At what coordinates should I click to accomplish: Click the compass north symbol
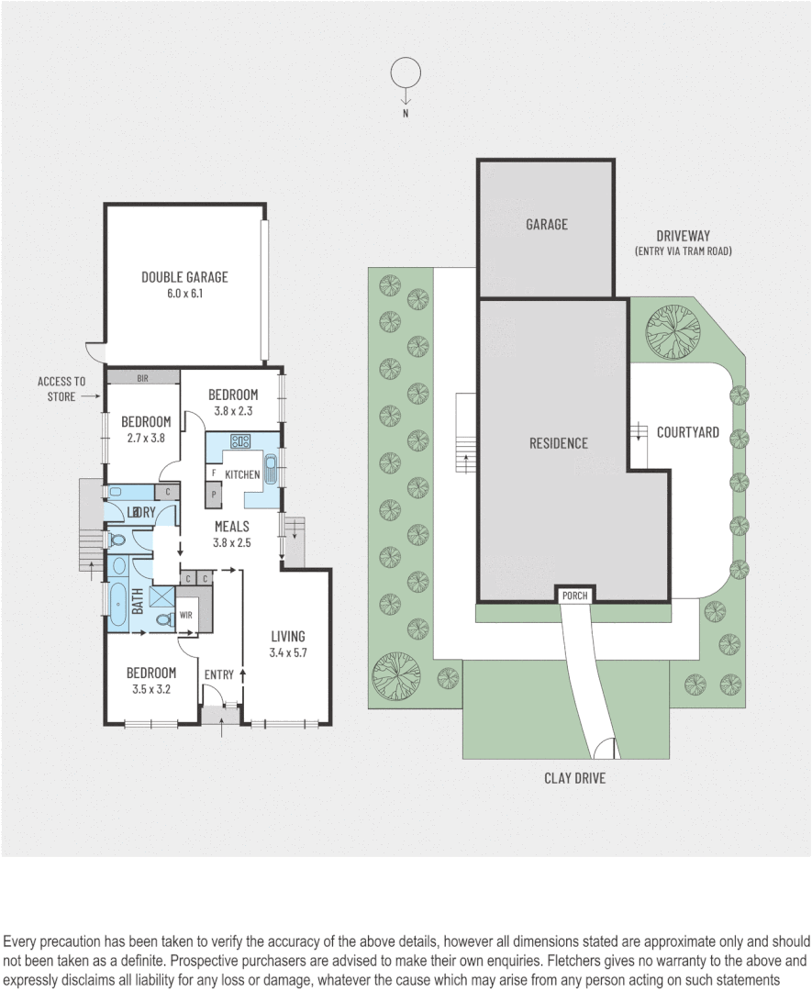click(x=405, y=74)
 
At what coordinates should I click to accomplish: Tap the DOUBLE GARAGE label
click(x=184, y=277)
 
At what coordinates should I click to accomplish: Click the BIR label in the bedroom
click(x=142, y=377)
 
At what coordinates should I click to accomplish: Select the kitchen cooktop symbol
click(x=241, y=440)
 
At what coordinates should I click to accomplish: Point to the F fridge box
click(x=214, y=473)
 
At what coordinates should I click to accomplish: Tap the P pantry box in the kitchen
click(x=214, y=493)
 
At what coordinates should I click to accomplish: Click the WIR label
click(x=185, y=616)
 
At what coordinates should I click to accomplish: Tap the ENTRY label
click(x=219, y=675)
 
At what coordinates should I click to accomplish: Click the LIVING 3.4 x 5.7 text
click(x=287, y=645)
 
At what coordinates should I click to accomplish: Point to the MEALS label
click(x=232, y=527)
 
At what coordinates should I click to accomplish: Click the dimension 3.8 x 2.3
click(x=232, y=412)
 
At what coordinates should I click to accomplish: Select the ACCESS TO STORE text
click(x=61, y=389)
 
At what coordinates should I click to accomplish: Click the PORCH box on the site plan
click(x=575, y=596)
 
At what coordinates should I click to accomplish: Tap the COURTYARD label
click(x=687, y=432)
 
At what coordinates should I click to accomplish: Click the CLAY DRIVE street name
click(x=575, y=778)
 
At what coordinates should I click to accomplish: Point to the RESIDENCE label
click(x=558, y=443)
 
